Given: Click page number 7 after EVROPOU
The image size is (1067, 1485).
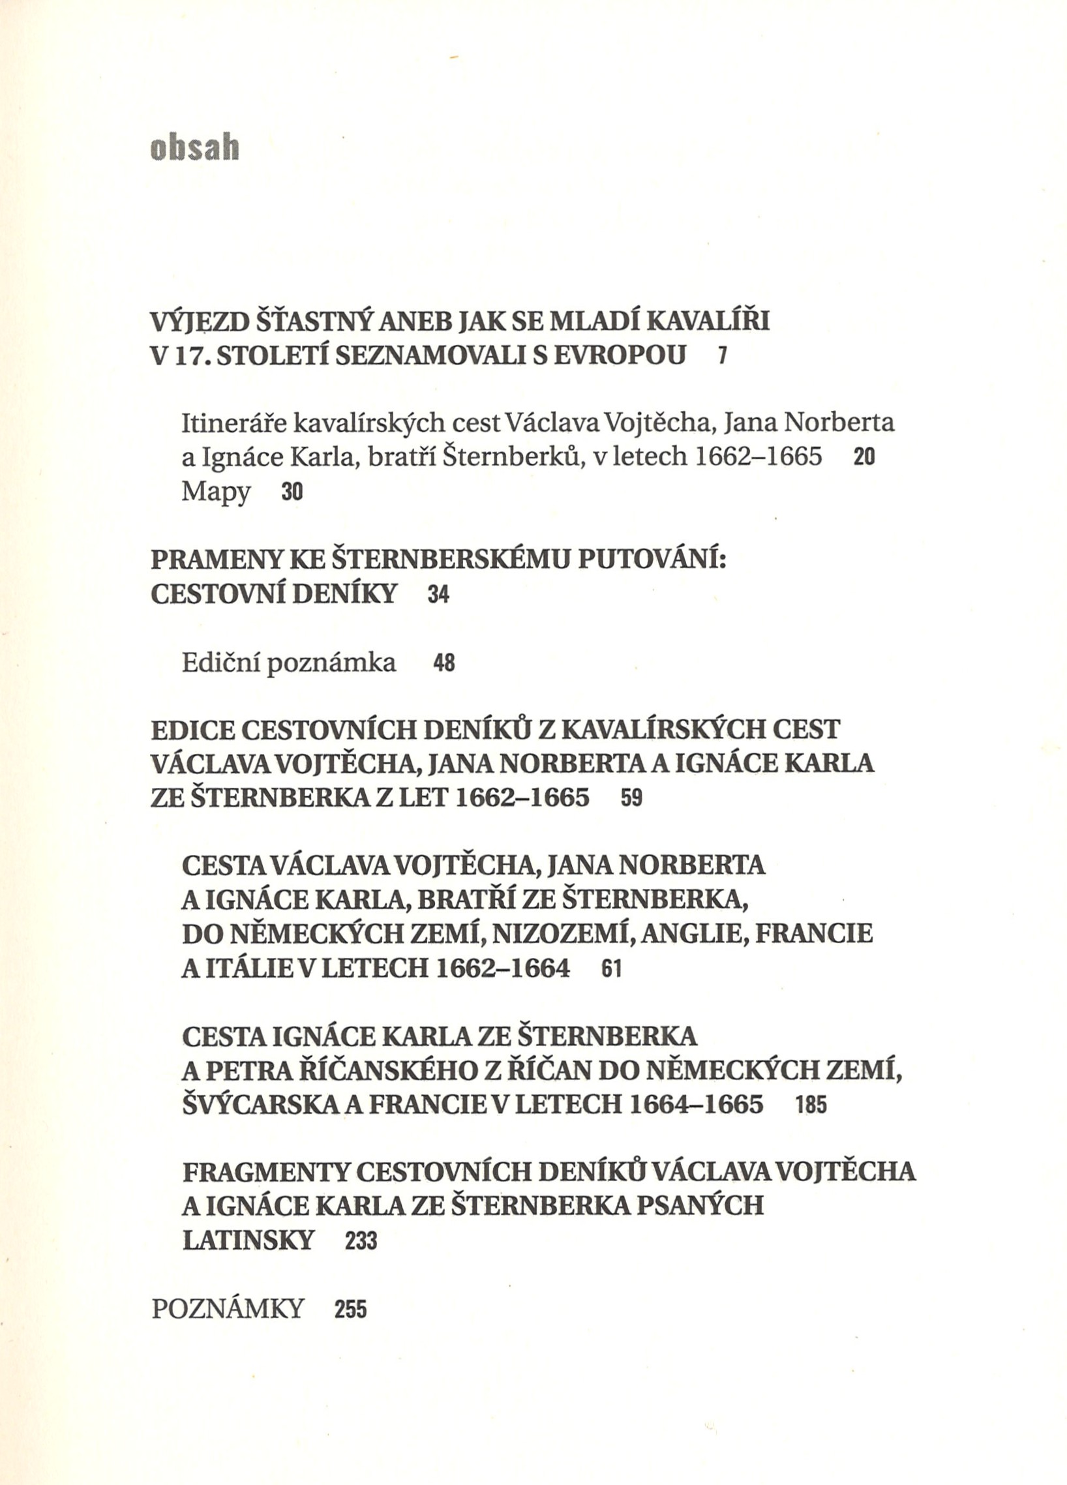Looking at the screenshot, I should (721, 356).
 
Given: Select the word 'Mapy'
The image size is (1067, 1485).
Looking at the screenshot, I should (216, 492).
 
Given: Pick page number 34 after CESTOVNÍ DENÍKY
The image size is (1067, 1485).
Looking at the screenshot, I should (438, 595).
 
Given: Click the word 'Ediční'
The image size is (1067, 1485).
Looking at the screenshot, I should (221, 663).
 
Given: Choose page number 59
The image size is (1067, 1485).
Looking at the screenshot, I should (632, 799).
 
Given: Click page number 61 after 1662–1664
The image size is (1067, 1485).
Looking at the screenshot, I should (610, 969).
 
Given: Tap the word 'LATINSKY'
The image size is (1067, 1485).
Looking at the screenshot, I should (248, 1240).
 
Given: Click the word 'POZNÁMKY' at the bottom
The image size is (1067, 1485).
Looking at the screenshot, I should (228, 1308).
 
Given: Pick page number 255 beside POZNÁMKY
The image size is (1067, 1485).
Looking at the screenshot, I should (350, 1310).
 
